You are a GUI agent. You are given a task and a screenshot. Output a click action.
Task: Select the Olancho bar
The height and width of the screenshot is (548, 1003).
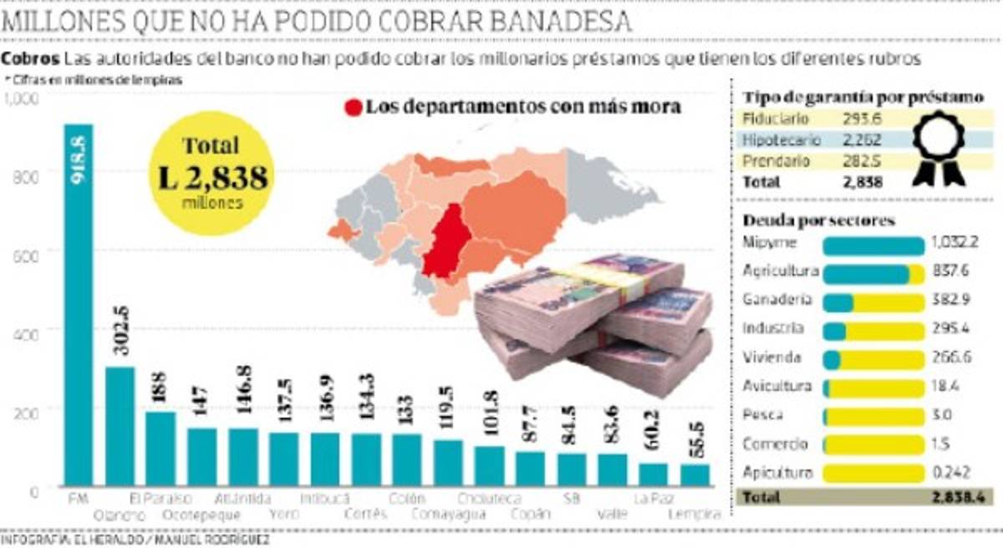pyautogui.click(x=120, y=426)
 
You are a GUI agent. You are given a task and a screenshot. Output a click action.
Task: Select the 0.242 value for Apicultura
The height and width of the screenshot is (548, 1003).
pyautogui.click(x=950, y=472)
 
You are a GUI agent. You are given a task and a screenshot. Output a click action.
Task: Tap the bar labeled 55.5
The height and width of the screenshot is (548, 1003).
pyautogui.click(x=694, y=475)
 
